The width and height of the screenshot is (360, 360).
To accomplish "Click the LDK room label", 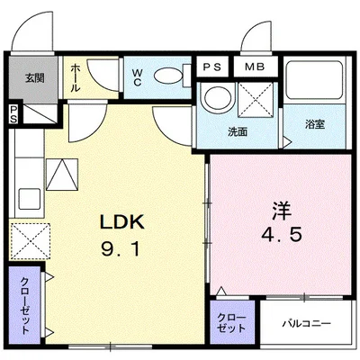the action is [x=122, y=222].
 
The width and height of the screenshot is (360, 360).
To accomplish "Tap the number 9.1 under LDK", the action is [x=121, y=249].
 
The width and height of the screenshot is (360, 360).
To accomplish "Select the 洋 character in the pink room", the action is [x=282, y=211].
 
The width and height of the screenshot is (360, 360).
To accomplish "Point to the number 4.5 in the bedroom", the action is [x=282, y=235].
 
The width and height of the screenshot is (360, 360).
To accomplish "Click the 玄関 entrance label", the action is [x=34, y=78].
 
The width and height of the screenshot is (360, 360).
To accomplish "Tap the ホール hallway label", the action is [x=76, y=78].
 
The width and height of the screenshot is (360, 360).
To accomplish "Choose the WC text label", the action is [x=138, y=77].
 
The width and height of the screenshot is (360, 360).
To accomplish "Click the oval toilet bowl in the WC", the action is [x=167, y=76].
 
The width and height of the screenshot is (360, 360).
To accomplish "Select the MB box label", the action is [x=255, y=67].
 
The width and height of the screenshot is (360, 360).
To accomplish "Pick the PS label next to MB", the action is [x=212, y=67].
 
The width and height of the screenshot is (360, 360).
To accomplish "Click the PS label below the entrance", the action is [x=13, y=114].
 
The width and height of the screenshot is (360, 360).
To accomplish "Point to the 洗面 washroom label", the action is [x=238, y=132].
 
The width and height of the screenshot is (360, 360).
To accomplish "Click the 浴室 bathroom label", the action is [x=315, y=124].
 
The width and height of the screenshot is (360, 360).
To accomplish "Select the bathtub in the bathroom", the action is [x=314, y=80].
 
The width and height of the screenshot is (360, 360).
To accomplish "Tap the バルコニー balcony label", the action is [x=306, y=324].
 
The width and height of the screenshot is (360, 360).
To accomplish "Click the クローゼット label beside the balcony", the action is [x=231, y=323].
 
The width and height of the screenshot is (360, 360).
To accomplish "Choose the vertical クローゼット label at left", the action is [x=25, y=306].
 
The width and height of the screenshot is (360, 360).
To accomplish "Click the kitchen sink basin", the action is [x=30, y=199].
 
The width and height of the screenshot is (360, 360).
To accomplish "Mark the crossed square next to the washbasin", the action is [x=256, y=100].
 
